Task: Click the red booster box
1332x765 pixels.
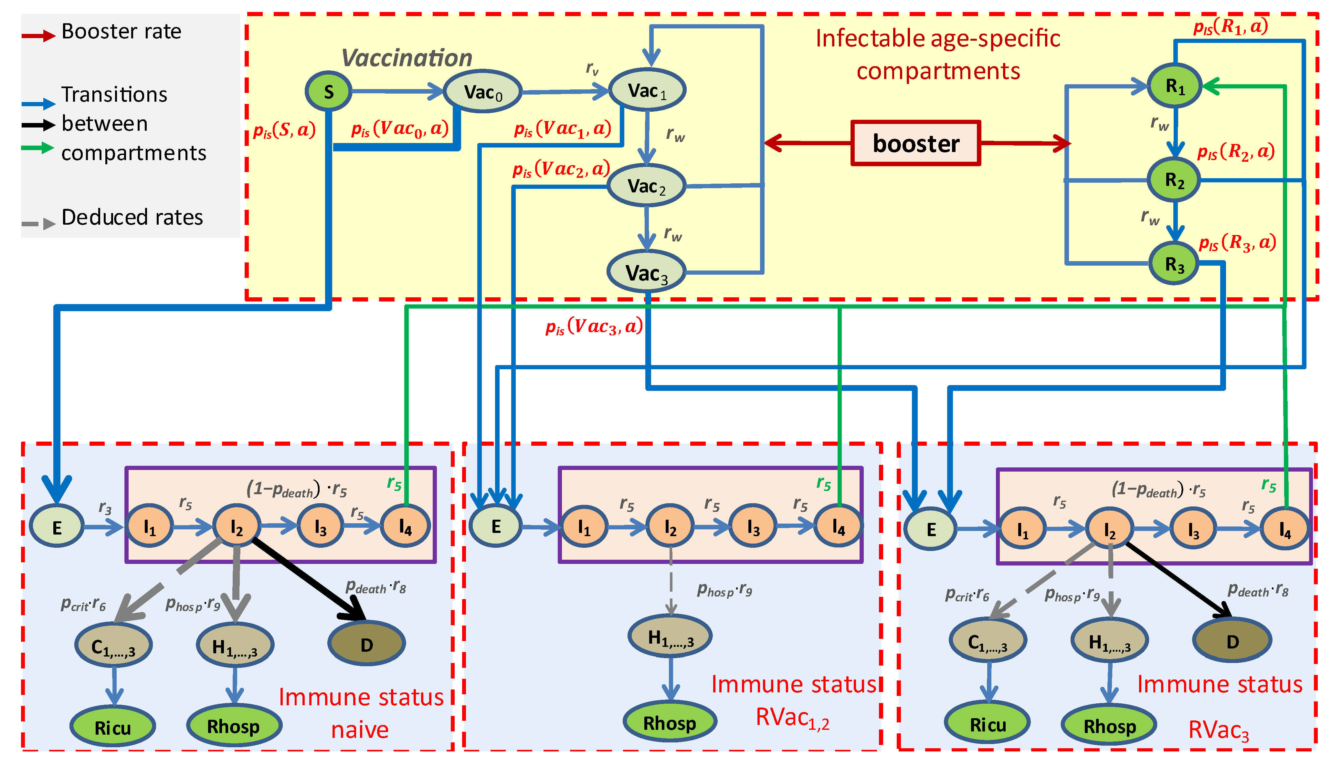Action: click(915, 143)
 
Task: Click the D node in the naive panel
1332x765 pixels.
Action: click(366, 644)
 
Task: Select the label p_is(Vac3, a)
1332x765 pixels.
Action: click(594, 326)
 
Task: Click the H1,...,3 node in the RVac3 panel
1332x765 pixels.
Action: click(1110, 641)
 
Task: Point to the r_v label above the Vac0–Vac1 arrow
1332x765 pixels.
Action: click(592, 68)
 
